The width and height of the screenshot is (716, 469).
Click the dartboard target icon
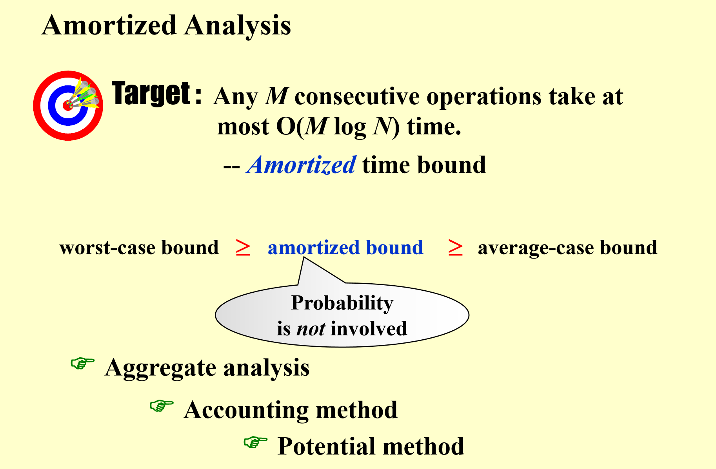pyautogui.click(x=68, y=105)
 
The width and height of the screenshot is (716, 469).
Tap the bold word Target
pyautogui.click(x=151, y=94)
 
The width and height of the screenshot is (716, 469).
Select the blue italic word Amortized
pyautogui.click(x=302, y=165)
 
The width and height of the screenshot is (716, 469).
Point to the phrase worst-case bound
pyautogui.click(x=139, y=248)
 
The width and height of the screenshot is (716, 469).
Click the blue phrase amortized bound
pyautogui.click(x=345, y=248)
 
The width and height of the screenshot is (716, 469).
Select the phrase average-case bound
pyautogui.click(x=567, y=248)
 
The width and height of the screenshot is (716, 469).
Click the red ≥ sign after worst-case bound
pyautogui.click(x=243, y=248)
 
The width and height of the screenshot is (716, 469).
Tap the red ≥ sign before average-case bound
pyautogui.click(x=455, y=248)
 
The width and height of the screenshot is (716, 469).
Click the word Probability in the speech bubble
pyautogui.click(x=342, y=303)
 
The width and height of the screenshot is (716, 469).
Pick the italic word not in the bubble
pyautogui.click(x=311, y=329)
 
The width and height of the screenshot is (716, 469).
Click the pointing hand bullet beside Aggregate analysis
pyautogui.click(x=82, y=363)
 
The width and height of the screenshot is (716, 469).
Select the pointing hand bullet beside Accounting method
pyautogui.click(x=162, y=406)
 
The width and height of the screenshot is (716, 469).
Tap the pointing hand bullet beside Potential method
pyautogui.click(x=255, y=442)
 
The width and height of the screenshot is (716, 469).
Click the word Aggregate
pyautogui.click(x=161, y=368)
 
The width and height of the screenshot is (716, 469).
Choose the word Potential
pyautogui.click(x=327, y=446)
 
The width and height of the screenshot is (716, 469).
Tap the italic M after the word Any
pyautogui.click(x=277, y=96)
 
